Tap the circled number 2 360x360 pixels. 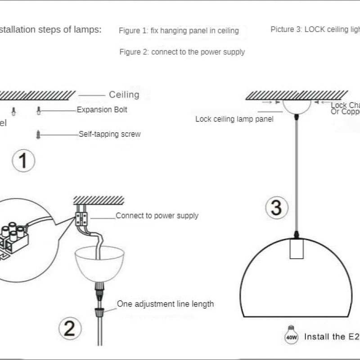[x=69, y=329]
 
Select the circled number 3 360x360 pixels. [x=276, y=208]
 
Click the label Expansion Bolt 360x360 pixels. [x=102, y=110]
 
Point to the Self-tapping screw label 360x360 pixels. [x=109, y=134]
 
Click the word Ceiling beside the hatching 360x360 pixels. [x=124, y=94]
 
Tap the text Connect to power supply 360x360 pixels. [x=157, y=216]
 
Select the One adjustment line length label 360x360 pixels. [x=165, y=304]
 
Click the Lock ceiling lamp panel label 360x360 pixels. [x=234, y=119]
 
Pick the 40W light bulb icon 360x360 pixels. [x=291, y=335]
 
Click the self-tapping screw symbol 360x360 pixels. [x=39, y=134]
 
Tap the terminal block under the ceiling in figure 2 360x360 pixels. [x=82, y=219]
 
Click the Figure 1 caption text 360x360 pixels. [x=179, y=31]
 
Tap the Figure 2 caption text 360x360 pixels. [x=182, y=52]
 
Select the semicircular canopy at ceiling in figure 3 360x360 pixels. [x=296, y=106]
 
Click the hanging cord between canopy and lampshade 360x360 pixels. [x=296, y=175]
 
